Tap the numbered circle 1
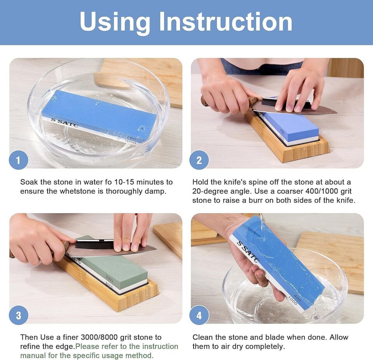19,160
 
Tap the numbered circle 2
199,160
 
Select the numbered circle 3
19,315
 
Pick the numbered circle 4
199,315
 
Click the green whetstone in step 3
113,264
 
